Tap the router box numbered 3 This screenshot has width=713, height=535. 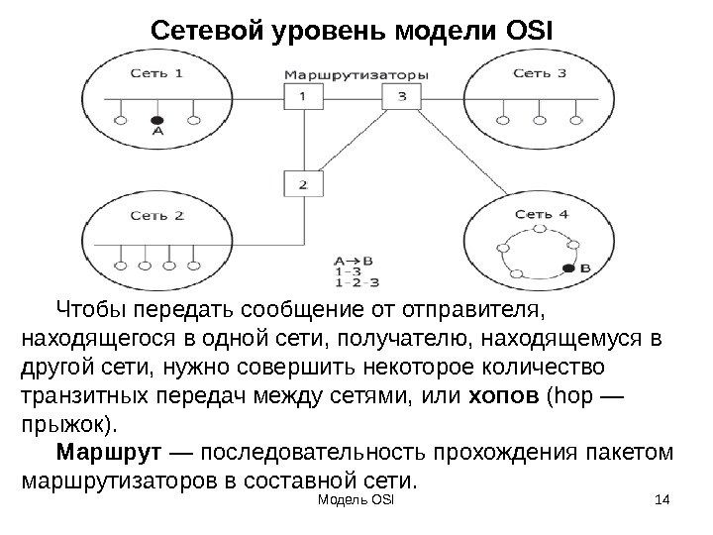point(400,96)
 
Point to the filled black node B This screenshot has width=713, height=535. point(568,267)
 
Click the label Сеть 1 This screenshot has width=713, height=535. point(156,72)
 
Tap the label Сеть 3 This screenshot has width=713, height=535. point(540,72)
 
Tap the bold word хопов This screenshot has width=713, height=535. point(501,398)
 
